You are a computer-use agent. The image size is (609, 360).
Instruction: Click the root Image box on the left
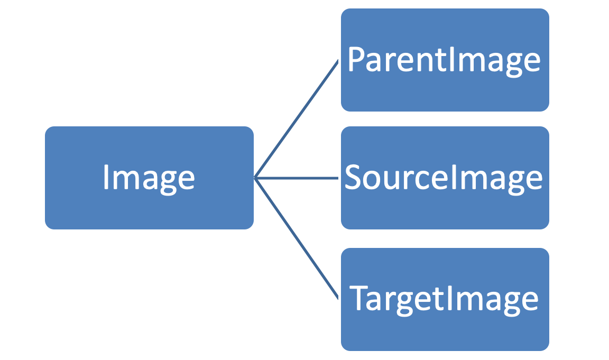pos(149,178)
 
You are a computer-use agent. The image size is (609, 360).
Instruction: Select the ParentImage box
pos(445,60)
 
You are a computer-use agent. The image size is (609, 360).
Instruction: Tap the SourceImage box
pos(445,178)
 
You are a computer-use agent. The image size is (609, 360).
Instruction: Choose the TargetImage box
pos(445,299)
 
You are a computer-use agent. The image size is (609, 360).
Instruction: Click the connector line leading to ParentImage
pos(296,119)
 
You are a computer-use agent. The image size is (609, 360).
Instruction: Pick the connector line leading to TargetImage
pos(296,238)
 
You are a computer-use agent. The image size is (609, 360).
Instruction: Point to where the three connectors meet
pos(255,178)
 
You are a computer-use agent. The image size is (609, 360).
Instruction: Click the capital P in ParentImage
pos(357,60)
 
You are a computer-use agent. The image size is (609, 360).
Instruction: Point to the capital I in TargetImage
pos(449,299)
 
